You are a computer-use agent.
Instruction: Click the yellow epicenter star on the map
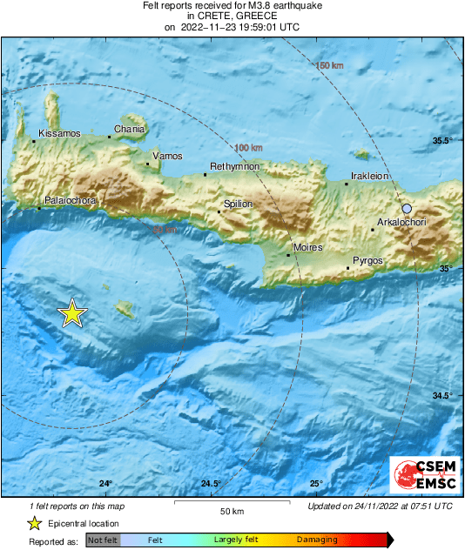pos(72,313)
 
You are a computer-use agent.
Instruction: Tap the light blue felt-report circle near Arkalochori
pos(407,208)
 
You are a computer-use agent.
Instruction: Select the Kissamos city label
pos(59,133)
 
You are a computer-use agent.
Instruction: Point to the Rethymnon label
pos(235,166)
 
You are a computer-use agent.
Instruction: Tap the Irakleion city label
pos(368,176)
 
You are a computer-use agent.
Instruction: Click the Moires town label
pos(307,248)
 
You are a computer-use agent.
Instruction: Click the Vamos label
pos(167,156)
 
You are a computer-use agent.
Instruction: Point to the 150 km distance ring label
pos(330,67)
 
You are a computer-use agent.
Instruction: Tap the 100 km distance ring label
pos(249,147)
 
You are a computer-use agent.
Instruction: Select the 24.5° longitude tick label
pos(210,484)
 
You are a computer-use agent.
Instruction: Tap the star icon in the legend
pos(34,523)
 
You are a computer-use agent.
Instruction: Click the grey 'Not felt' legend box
pos(103,540)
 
